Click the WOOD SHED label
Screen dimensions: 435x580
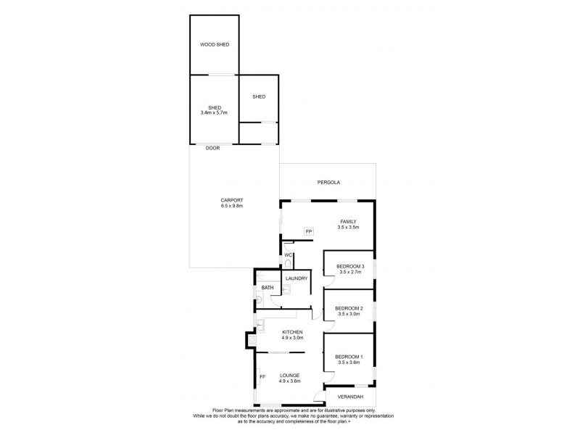pos(215,45)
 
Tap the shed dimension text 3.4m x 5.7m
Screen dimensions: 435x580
pos(215,113)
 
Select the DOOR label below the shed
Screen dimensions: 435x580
pos(212,148)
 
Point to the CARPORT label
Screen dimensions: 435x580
pos(232,200)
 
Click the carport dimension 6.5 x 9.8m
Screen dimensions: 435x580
pos(232,206)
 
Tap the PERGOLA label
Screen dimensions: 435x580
pos(328,183)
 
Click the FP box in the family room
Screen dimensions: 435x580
pos(308,231)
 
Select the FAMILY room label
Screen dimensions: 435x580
pos(348,221)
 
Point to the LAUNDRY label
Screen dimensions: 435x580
pos(297,278)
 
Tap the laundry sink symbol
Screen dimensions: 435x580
pos(286,289)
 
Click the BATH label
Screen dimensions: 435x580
pos(268,288)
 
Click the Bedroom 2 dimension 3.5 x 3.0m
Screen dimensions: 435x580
pos(348,315)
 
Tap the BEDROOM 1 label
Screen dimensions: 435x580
pos(348,357)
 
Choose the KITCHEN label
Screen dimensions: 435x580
pos(292,331)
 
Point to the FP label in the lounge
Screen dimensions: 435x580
pos(263,377)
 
